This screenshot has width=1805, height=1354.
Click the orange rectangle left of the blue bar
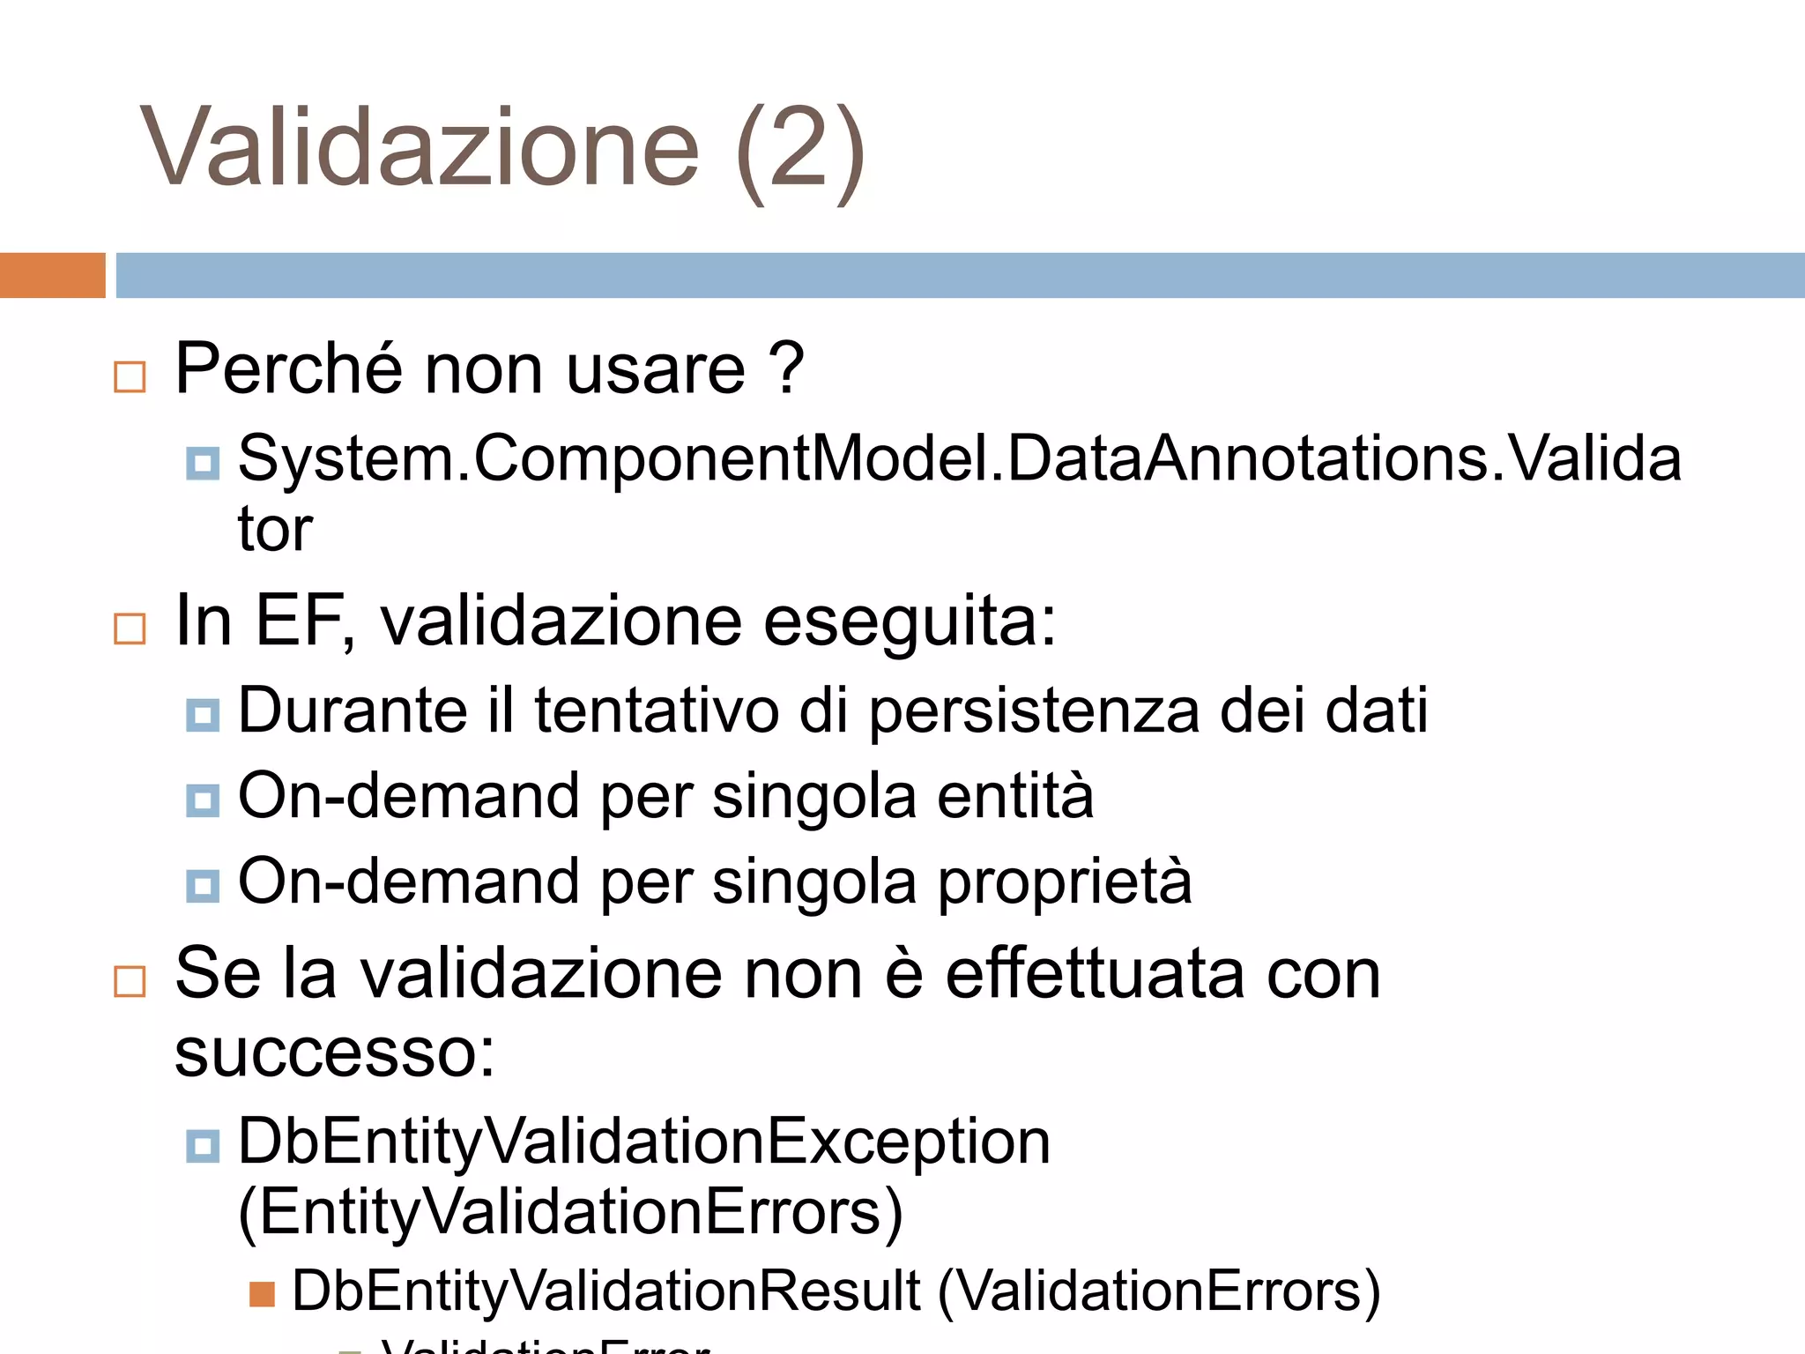click(x=52, y=275)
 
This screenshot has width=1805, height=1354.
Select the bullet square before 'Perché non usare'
click(x=130, y=376)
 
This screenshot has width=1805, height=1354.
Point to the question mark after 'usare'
click(x=786, y=368)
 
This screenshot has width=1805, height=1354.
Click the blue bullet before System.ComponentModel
click(x=203, y=463)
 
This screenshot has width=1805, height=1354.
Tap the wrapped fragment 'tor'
click(x=275, y=530)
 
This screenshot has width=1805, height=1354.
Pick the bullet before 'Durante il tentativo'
click(x=203, y=715)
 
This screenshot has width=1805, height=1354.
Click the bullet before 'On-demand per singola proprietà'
click(x=203, y=886)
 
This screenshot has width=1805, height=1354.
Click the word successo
click(x=335, y=1053)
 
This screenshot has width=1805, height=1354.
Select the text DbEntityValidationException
click(x=644, y=1142)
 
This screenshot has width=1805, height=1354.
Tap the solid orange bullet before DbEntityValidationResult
click(x=263, y=1294)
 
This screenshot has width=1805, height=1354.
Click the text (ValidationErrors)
click(x=1159, y=1291)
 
